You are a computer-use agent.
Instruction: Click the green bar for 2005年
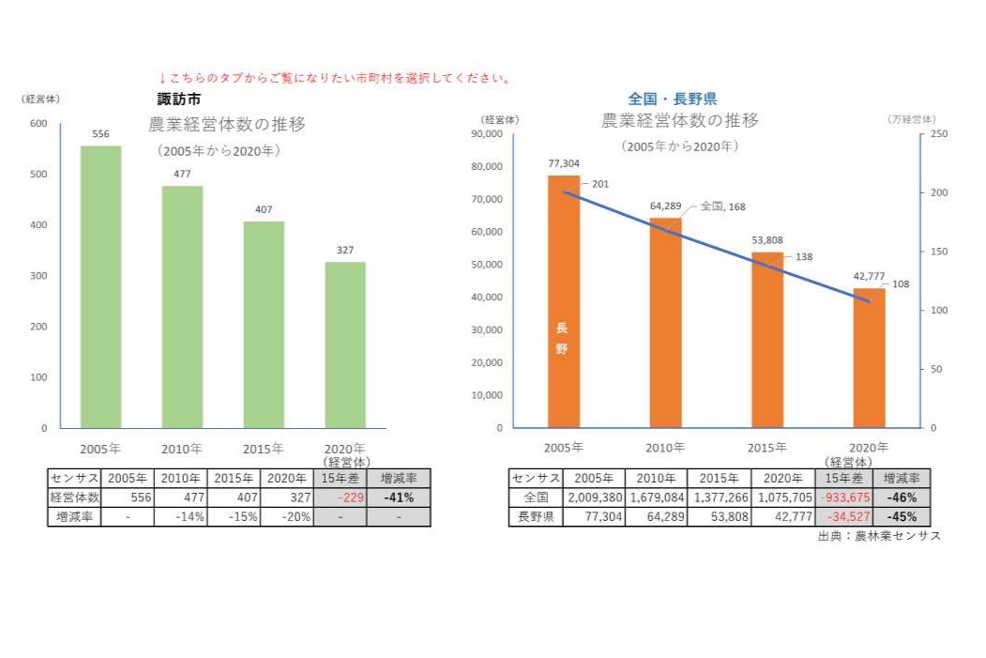coord(100,286)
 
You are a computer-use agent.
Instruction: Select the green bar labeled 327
coord(345,344)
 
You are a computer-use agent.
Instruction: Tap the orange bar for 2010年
coord(665,322)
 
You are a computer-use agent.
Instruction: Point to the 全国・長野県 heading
coord(673,98)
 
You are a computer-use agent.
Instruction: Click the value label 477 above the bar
coord(182,174)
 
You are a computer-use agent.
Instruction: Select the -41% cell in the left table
coord(398,497)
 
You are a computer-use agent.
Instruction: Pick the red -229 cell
coord(339,497)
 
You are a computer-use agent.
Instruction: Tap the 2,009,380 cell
coord(593,497)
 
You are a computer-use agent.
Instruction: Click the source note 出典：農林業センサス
coord(878,536)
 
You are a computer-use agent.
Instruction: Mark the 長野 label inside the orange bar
coord(562,338)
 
